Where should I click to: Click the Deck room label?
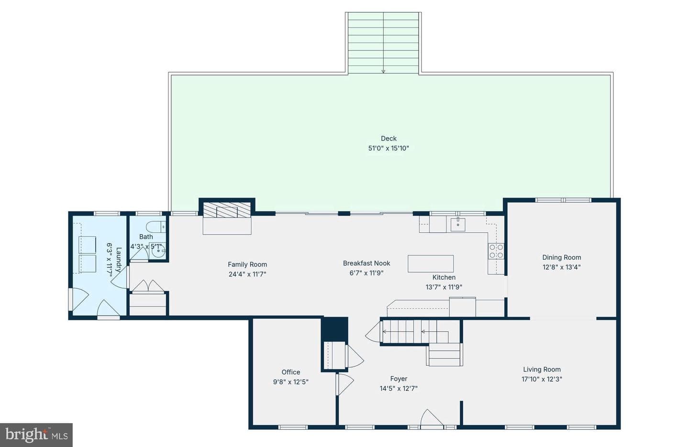click(389, 138)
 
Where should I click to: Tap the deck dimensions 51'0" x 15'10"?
click(389, 148)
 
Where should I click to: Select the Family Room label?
click(247, 264)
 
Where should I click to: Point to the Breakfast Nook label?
click(367, 263)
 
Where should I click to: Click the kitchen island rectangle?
click(431, 264)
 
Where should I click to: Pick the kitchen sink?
click(458, 224)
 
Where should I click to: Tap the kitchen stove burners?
click(496, 251)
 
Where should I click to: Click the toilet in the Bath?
click(156, 227)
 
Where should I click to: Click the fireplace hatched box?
click(227, 210)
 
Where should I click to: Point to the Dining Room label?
click(562, 257)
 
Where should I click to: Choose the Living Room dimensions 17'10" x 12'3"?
click(542, 379)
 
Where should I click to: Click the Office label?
click(291, 372)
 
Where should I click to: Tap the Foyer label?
click(399, 379)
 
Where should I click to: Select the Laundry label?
click(119, 260)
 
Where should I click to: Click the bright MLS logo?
click(36, 435)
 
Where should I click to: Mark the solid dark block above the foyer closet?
click(334, 329)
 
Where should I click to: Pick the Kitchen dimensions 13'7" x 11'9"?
click(444, 287)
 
